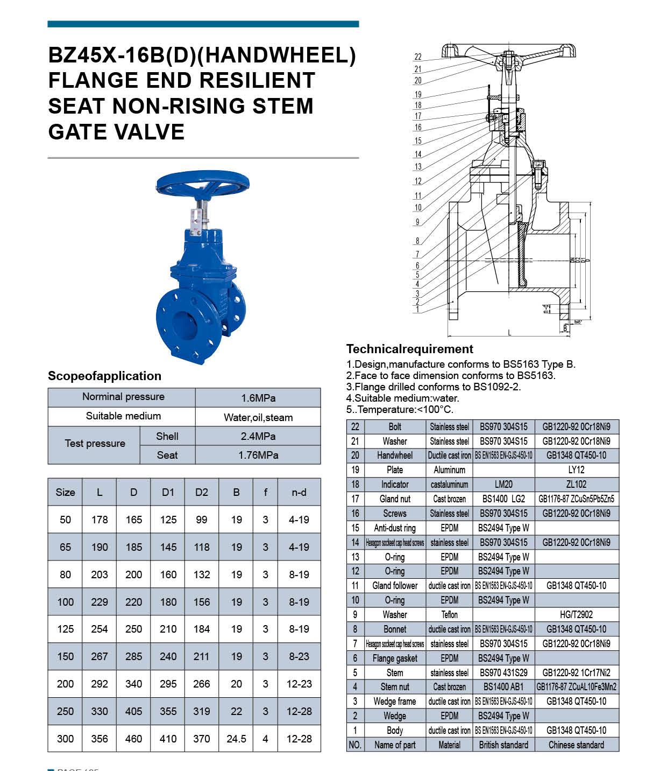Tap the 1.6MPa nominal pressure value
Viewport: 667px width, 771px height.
(258, 398)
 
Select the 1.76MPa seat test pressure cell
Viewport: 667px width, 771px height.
(258, 455)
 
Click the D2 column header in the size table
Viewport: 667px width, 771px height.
(202, 492)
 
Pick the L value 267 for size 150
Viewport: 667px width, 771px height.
(100, 656)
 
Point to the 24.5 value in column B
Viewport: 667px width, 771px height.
(236, 739)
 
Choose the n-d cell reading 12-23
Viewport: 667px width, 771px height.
(299, 684)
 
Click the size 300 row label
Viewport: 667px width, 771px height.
(65, 739)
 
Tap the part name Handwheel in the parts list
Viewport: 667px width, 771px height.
(395, 455)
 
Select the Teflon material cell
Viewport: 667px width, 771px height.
(449, 615)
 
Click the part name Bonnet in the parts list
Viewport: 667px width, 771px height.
(395, 629)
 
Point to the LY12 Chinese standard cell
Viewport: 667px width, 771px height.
(576, 470)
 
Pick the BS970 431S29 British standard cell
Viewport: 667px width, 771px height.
(503, 673)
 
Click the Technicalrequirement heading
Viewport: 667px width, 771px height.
(409, 349)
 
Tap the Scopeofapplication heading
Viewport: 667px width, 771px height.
(104, 376)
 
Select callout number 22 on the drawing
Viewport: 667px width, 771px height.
(418, 57)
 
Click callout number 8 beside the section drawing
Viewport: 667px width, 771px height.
(417, 241)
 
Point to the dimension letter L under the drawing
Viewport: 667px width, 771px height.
(509, 333)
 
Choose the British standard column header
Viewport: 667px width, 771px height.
(503, 745)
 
